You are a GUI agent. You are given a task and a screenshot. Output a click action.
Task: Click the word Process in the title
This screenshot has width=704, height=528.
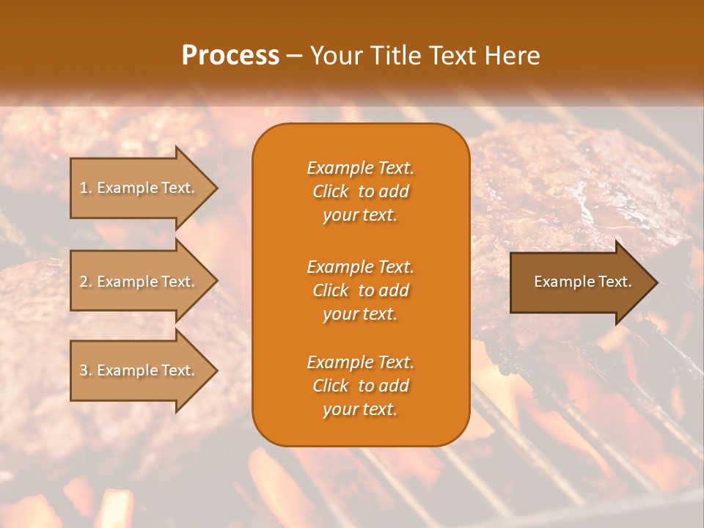click(x=230, y=56)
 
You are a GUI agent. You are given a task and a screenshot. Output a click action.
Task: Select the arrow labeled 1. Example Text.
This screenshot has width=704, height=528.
click(x=139, y=188)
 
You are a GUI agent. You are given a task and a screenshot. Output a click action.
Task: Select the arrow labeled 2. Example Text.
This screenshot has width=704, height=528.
click(x=139, y=282)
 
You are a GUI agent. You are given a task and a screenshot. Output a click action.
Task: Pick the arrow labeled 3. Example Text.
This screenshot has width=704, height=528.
click(x=139, y=370)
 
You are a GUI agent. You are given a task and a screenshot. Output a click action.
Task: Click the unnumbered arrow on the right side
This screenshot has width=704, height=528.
click(x=579, y=282)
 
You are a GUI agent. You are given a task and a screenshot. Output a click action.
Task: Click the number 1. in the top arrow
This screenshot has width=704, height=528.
click(x=86, y=188)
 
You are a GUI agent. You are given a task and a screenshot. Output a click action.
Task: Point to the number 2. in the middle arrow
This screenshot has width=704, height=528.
click(x=86, y=282)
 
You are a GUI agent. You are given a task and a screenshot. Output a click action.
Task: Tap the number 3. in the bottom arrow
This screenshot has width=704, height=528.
click(x=86, y=370)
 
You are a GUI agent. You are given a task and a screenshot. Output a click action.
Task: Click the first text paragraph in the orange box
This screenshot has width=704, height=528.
click(x=360, y=191)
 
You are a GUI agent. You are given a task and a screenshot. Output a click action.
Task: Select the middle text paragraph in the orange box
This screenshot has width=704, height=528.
click(x=360, y=290)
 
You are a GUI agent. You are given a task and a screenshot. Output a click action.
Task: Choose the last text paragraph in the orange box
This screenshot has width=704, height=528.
click(x=360, y=386)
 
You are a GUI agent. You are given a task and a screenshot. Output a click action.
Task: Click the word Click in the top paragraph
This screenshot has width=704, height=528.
click(x=331, y=191)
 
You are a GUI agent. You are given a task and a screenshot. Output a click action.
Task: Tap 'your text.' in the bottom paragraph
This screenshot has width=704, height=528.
click(x=360, y=409)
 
